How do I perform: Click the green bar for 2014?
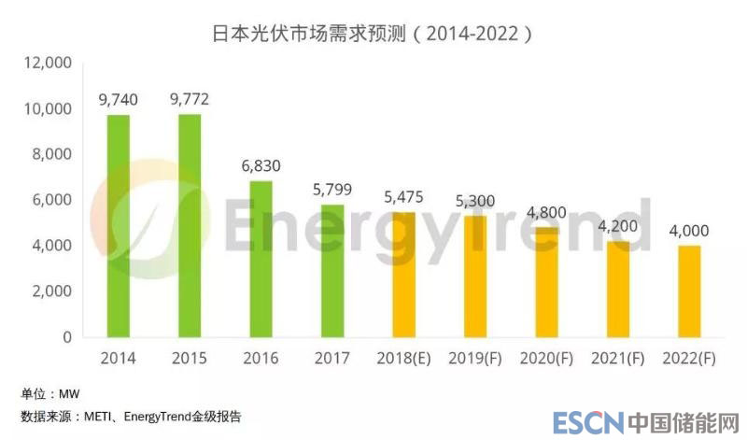point(119,225)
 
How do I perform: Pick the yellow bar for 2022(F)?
point(689,291)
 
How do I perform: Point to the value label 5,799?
point(332,188)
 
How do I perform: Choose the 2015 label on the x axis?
point(190,359)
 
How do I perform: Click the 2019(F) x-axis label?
point(475,359)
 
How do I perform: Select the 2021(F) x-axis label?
point(617,359)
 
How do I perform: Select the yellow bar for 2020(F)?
point(546,281)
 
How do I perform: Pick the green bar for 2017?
point(332,270)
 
